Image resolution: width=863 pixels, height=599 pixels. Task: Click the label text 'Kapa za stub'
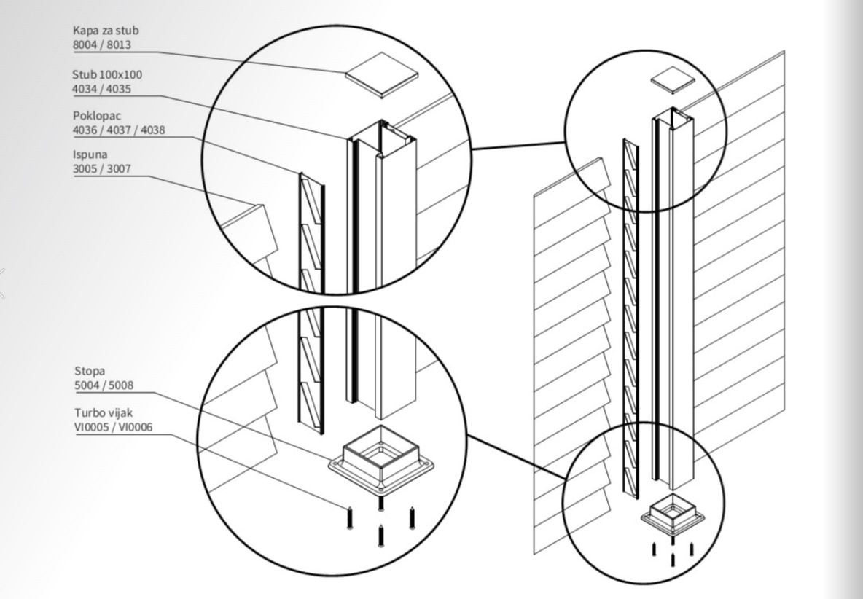[x=106, y=31]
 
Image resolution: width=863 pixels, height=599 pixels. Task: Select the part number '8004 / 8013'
[x=101, y=45]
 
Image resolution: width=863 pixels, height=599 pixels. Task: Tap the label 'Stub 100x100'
[x=107, y=74]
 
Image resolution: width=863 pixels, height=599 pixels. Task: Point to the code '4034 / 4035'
[x=101, y=89]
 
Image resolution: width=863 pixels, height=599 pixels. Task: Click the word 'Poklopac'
[x=97, y=116]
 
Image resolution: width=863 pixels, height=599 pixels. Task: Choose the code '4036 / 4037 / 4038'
[x=119, y=130]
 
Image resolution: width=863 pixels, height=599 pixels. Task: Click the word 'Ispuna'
[x=90, y=154]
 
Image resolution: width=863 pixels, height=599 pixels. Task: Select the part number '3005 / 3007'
[x=102, y=169]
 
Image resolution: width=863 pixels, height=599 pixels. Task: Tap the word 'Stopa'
[x=90, y=371]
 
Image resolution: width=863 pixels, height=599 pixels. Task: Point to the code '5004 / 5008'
[x=104, y=385]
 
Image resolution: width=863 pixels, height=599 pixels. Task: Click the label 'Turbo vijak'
[x=104, y=413]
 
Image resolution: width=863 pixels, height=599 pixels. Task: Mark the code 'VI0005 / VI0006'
[x=114, y=428]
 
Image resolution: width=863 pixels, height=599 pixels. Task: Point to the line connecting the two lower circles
[x=515, y=456]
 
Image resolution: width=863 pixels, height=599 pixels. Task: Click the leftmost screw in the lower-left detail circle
[x=350, y=517]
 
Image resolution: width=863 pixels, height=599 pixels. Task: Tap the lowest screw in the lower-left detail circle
[x=380, y=536]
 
